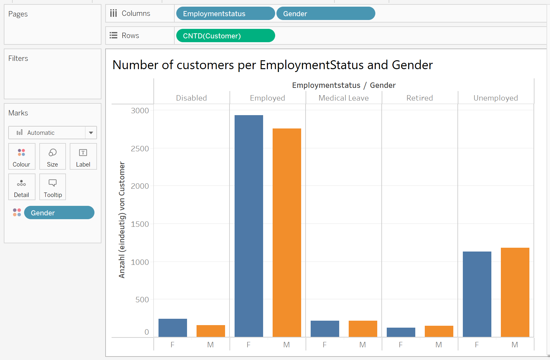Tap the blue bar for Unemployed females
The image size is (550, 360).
(x=477, y=294)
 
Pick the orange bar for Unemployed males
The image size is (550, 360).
(x=515, y=292)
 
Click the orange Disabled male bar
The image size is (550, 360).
(x=210, y=331)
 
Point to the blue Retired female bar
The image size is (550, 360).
(x=401, y=332)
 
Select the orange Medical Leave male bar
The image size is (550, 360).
(x=363, y=329)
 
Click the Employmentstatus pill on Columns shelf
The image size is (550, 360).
(x=225, y=14)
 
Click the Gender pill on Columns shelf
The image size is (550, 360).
(x=326, y=14)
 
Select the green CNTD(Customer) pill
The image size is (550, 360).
(x=225, y=36)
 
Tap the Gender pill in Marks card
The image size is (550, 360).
(x=59, y=213)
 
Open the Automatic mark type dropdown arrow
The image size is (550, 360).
(x=91, y=133)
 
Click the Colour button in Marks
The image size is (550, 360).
(x=22, y=157)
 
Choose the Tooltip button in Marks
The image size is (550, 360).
(x=53, y=187)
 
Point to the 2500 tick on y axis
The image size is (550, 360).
(x=140, y=148)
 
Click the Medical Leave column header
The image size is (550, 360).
(x=344, y=98)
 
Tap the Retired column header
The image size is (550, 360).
(x=419, y=98)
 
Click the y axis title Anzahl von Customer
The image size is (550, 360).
(x=122, y=220)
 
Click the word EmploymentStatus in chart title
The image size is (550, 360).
(x=311, y=65)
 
